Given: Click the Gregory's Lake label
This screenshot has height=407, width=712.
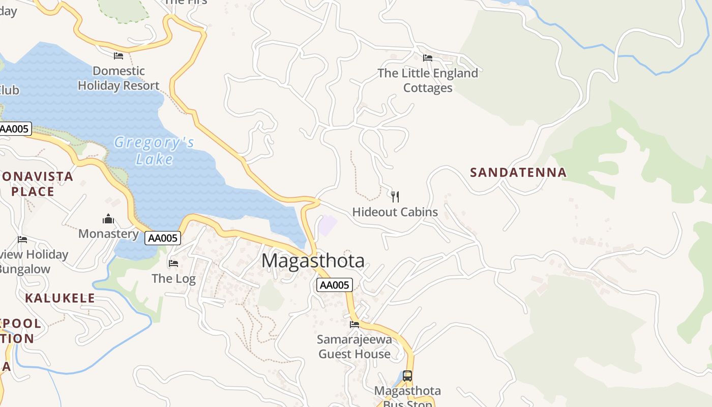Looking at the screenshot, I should (x=154, y=151).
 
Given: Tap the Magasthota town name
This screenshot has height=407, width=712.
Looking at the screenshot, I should (x=313, y=261).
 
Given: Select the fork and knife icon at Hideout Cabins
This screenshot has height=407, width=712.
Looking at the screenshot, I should (x=395, y=196).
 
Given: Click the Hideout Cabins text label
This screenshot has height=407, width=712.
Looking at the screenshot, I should (x=395, y=212).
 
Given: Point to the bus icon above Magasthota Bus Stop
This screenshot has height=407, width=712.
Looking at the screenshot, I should (x=407, y=376).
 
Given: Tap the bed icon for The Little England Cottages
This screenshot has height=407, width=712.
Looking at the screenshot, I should (x=428, y=58).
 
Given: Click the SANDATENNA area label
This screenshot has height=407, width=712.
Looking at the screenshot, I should (x=518, y=172).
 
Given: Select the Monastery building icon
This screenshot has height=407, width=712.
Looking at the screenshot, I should (x=108, y=219).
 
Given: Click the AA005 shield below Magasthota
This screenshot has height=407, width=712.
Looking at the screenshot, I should (x=334, y=285).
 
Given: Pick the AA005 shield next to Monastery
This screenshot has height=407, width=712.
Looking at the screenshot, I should (x=163, y=238).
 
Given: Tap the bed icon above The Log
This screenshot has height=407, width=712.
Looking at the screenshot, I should (x=173, y=264).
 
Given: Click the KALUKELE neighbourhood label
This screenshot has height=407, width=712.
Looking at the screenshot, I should (x=60, y=298).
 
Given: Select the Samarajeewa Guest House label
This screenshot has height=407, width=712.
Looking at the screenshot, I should (x=354, y=346).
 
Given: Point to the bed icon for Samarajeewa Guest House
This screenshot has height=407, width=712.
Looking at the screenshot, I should (x=354, y=325).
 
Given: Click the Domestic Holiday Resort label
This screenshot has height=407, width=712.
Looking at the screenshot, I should (x=118, y=78).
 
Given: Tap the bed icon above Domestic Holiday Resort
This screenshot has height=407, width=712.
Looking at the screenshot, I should (x=118, y=55).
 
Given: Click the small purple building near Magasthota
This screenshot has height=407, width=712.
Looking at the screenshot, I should (x=328, y=225).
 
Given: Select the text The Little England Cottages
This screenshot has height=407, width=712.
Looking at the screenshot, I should (x=428, y=80).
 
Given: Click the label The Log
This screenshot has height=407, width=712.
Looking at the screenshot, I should (x=173, y=279).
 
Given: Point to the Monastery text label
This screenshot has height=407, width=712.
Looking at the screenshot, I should (x=108, y=234).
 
